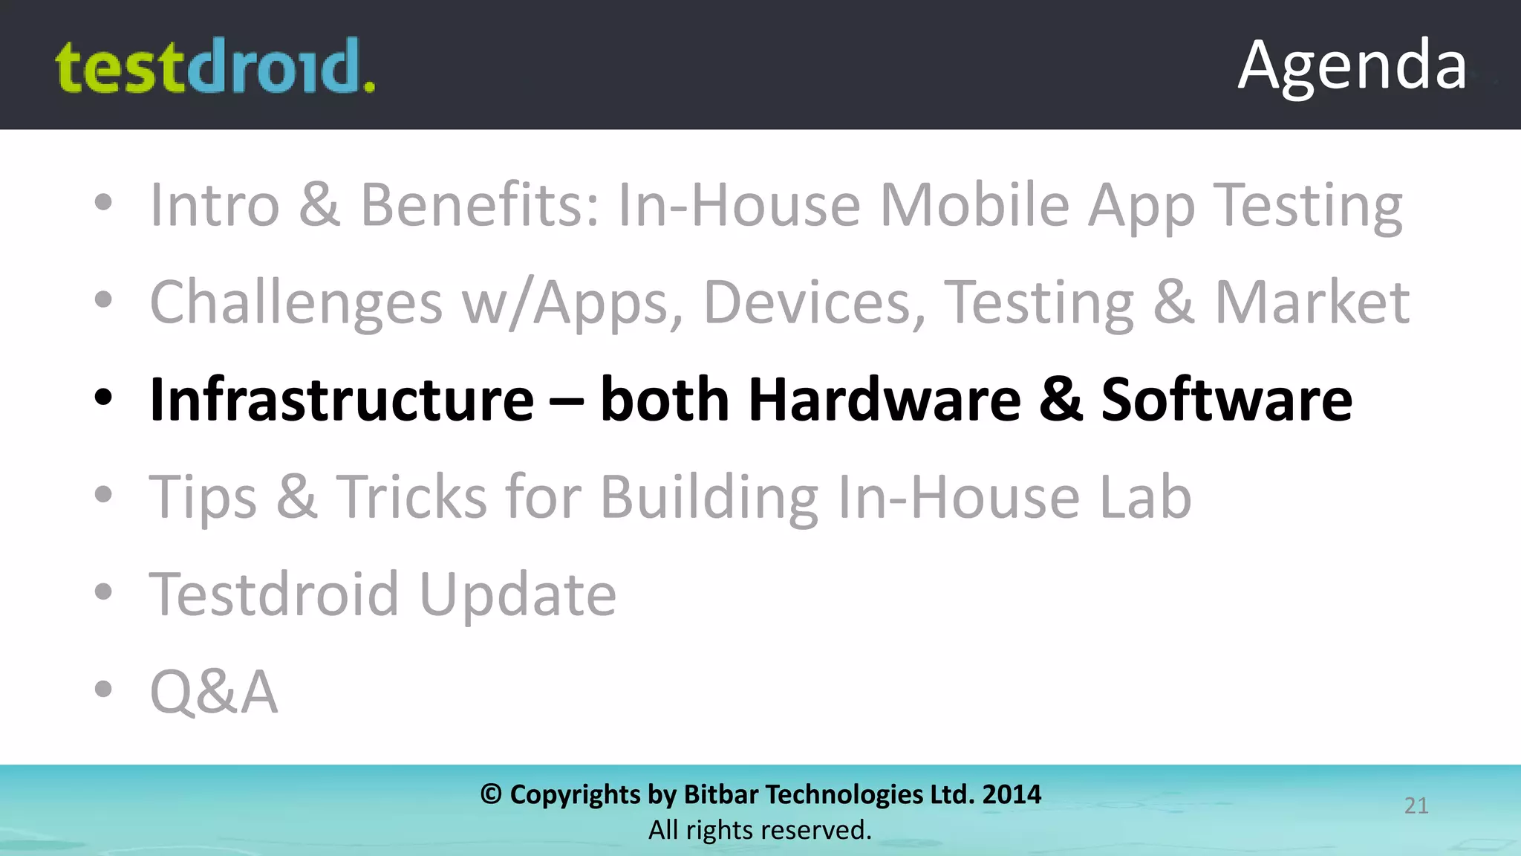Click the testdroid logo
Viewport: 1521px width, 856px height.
[x=215, y=67]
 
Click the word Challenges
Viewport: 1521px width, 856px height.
[x=296, y=303]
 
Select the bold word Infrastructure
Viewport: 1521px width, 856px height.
[x=342, y=400]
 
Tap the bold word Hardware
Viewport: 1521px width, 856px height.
[x=885, y=400]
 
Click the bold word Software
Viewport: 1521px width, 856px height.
[x=1226, y=400]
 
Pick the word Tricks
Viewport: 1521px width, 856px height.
[x=411, y=496]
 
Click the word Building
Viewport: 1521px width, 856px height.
[x=709, y=496]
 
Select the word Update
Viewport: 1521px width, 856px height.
[x=518, y=594]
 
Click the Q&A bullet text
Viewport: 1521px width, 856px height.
[x=214, y=692]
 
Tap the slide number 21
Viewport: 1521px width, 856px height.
[x=1416, y=805]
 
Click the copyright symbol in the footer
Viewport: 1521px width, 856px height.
[x=491, y=794]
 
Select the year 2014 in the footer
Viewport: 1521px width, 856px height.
[x=1012, y=794]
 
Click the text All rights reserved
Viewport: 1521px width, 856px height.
[x=760, y=830]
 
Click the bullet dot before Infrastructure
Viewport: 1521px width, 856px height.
[x=103, y=398]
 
